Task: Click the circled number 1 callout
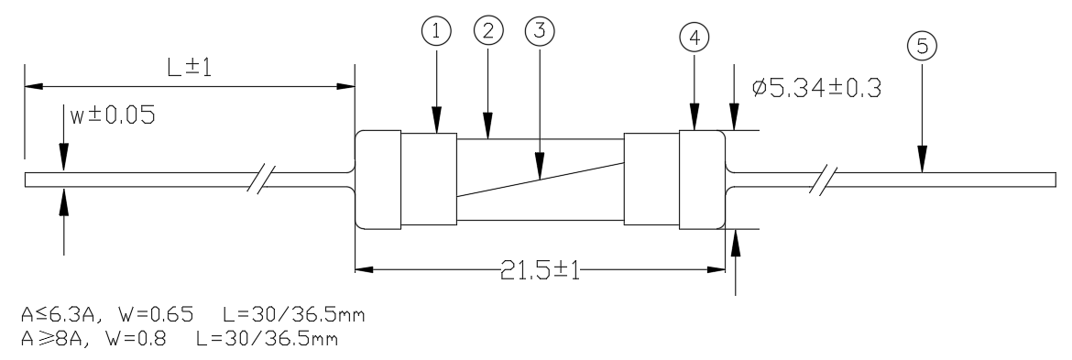pos(437,31)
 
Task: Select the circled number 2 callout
pos(488,29)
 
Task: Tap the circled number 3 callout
pos(540,30)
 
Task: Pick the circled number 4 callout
pos(695,38)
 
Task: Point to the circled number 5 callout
pos(923,46)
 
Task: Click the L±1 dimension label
pos(190,68)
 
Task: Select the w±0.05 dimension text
pos(113,115)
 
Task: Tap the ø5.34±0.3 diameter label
pos(815,88)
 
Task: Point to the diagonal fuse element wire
pos(540,180)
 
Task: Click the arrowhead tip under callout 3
pos(540,179)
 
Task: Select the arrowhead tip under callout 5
pos(923,172)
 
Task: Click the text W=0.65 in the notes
pos(155,315)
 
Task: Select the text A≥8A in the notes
pos(53,338)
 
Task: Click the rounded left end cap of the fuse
pos(378,179)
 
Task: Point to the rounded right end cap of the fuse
pos(702,179)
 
